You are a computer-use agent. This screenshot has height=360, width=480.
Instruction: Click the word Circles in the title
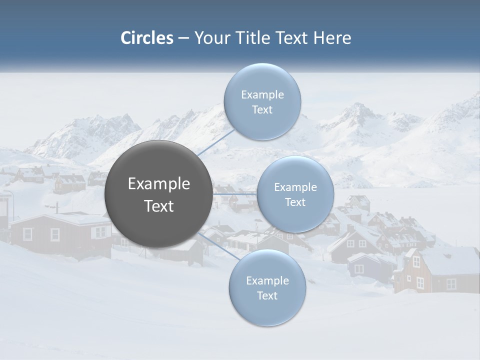147,38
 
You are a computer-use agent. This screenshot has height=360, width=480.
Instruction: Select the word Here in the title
332,38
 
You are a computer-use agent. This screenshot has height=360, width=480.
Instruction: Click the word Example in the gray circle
159,184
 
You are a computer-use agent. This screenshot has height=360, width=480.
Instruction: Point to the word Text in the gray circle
159,206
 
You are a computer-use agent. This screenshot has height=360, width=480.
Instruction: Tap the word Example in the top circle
262,95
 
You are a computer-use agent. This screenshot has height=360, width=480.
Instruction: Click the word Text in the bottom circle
267,295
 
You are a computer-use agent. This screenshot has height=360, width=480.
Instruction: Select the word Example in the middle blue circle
295,187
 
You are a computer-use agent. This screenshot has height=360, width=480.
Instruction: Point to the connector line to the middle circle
234,194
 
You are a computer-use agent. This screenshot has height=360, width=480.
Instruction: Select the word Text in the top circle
262,109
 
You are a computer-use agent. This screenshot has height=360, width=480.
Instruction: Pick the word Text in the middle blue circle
295,202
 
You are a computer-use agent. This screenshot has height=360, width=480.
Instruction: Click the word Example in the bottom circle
267,281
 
